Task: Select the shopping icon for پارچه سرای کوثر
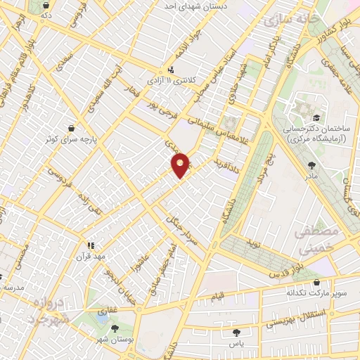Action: pos(71,128)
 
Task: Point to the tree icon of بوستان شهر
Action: pos(115,328)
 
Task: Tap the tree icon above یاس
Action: pos(236,333)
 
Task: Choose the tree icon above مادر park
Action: pos(312,165)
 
